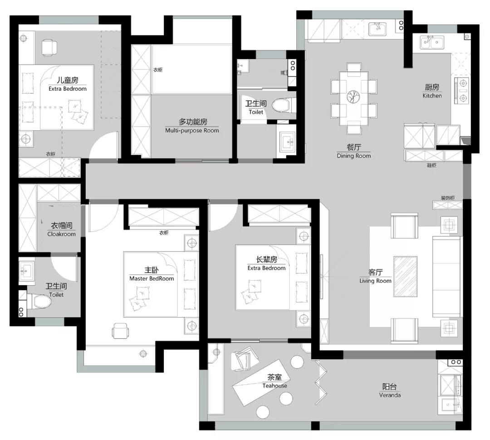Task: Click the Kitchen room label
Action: (432, 96)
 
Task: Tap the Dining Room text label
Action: (354, 156)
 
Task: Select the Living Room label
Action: (375, 281)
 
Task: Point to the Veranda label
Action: (390, 395)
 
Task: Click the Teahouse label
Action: (274, 386)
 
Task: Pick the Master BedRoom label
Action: (152, 278)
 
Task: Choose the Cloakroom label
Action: (62, 234)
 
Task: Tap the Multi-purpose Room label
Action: (192, 130)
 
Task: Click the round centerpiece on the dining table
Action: (353, 96)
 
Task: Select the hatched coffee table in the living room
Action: (405, 277)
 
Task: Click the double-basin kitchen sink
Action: (432, 42)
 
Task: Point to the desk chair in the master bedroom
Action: (120, 331)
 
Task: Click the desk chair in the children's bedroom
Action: (49, 48)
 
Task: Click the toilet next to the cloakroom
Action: (39, 302)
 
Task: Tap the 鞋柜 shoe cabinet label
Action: (431, 165)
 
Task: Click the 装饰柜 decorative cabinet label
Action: (447, 198)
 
